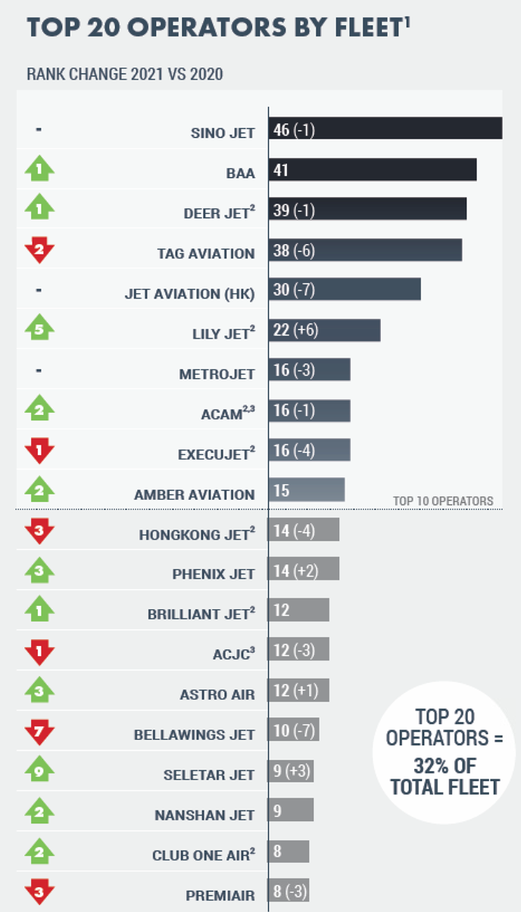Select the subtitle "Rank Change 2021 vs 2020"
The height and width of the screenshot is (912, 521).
click(x=125, y=74)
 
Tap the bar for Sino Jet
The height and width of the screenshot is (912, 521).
click(x=385, y=130)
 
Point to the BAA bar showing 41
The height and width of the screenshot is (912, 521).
click(x=372, y=170)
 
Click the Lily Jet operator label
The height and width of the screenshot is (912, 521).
click(x=215, y=334)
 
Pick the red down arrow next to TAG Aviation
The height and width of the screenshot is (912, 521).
click(x=39, y=249)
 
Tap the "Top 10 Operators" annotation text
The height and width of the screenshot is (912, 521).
click(x=443, y=501)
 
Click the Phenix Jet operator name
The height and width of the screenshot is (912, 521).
click(x=214, y=574)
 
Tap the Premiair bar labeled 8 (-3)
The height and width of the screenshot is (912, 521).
click(x=289, y=892)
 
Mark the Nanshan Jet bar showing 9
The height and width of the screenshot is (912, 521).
click(x=290, y=810)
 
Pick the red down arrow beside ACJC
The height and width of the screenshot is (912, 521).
click(x=39, y=651)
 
